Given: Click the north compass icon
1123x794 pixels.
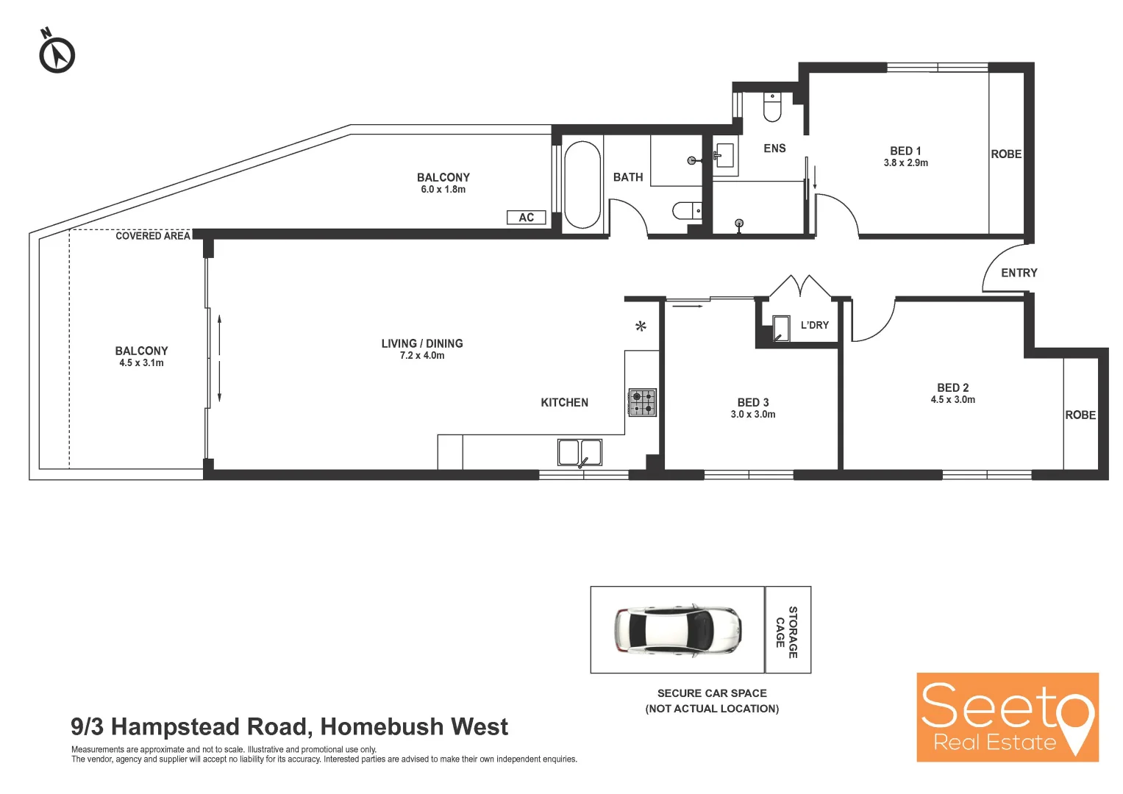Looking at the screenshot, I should click(57, 54).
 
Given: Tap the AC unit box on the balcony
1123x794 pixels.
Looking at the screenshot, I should click(527, 218).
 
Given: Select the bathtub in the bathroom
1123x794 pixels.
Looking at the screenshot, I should click(582, 185).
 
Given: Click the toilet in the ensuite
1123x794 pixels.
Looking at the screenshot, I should click(772, 107).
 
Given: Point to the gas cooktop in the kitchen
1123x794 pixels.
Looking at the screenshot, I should click(642, 402).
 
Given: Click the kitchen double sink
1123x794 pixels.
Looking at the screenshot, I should click(580, 452).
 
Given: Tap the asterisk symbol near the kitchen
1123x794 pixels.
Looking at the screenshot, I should click(641, 326).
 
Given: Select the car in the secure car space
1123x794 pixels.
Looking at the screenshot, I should click(677, 630).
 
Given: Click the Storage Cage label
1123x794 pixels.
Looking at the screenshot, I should click(787, 632).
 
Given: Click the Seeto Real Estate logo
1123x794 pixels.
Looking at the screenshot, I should click(1007, 717).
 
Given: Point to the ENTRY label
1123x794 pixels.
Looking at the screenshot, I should click(1019, 273).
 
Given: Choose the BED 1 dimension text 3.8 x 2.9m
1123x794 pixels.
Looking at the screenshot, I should click(905, 163).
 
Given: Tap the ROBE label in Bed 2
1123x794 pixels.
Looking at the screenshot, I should click(1080, 415).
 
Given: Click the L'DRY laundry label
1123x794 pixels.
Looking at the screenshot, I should click(814, 325).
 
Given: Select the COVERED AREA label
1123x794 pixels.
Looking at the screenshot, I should click(152, 236).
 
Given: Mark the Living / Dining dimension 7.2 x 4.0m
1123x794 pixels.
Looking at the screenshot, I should click(422, 356).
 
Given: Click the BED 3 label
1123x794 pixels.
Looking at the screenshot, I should click(753, 402).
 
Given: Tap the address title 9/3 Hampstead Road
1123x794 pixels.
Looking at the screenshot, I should click(289, 726).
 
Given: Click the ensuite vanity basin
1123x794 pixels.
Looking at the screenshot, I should click(725, 155).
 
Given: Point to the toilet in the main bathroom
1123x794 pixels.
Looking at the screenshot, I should click(687, 212).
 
